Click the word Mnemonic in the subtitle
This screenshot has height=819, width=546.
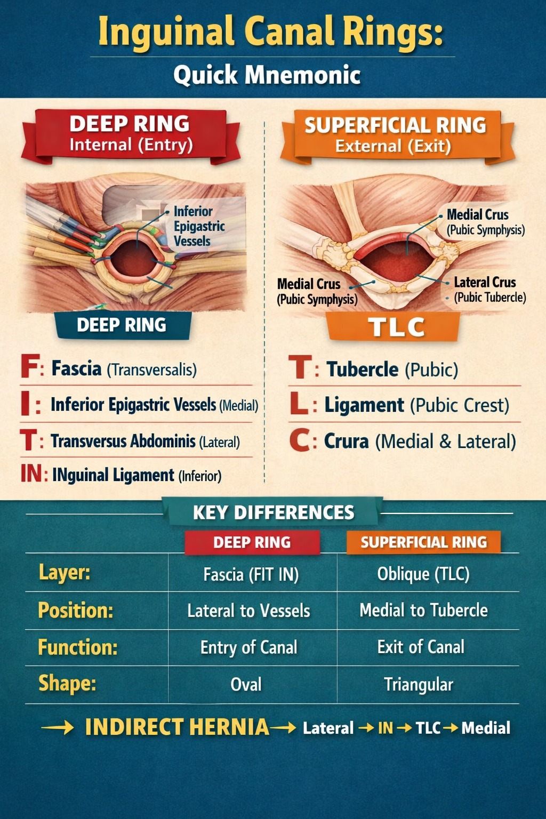pos(302,75)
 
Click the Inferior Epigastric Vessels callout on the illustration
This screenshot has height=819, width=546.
pos(192,226)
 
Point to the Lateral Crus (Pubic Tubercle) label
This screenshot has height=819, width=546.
pos(489,290)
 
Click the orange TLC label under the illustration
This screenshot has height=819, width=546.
pos(396,327)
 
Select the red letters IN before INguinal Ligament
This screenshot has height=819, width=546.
pos(31,474)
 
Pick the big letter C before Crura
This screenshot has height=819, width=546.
pos(300,440)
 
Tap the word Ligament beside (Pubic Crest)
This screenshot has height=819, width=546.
pos(364,405)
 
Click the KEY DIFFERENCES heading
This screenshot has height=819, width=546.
pos(274,512)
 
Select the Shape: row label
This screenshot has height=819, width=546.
pos(67,683)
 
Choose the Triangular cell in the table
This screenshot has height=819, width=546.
pos(419,684)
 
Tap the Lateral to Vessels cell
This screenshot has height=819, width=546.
pos(248,611)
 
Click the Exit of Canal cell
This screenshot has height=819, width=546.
pos(421,647)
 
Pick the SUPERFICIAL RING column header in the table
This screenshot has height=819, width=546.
pos(423,542)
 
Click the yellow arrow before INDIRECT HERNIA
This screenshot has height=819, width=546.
pos(58,728)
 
